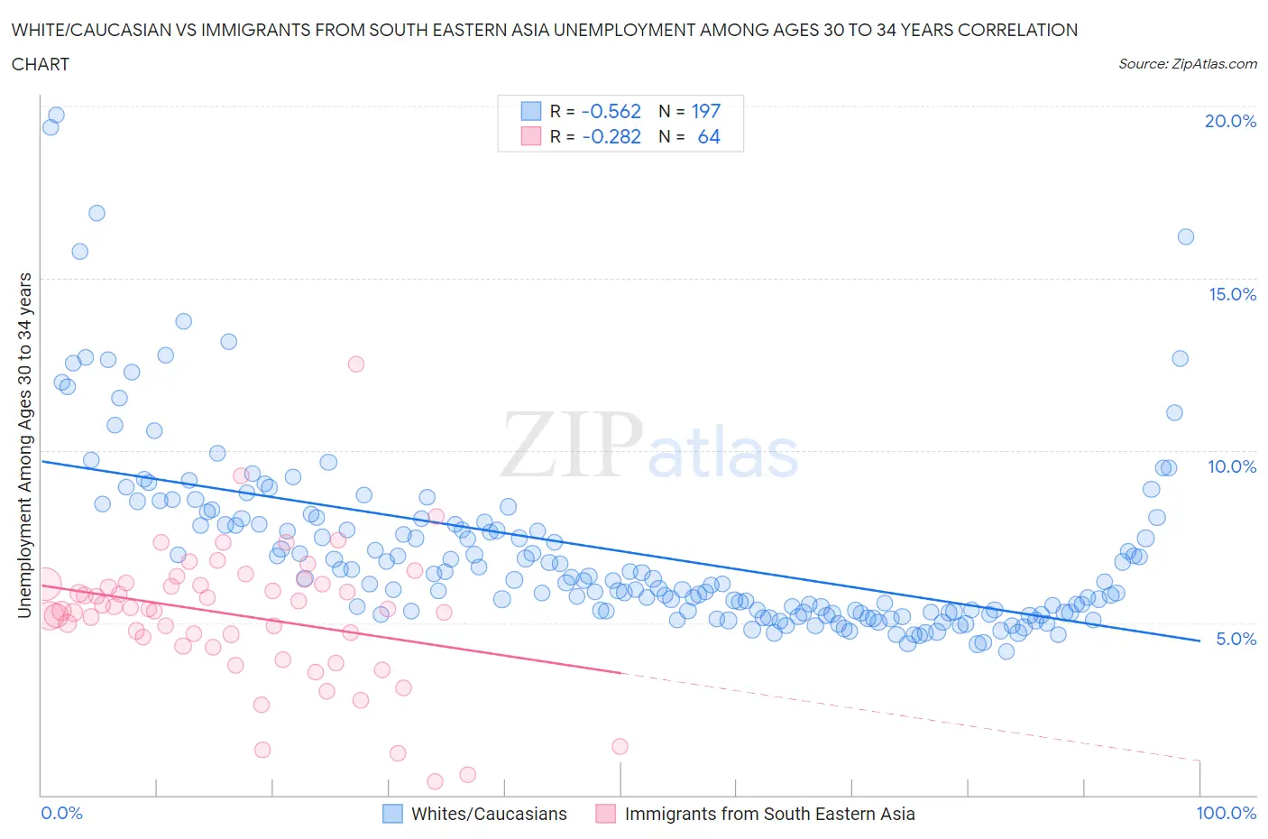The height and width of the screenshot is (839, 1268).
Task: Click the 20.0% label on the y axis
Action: click(x=1230, y=121)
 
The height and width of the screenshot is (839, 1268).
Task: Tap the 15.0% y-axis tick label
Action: click(x=1232, y=294)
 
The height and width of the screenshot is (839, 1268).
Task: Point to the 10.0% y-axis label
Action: click(x=1232, y=466)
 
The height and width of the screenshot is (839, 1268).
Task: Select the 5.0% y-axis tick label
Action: click(x=1236, y=639)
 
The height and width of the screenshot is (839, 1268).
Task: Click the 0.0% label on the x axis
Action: click(x=61, y=813)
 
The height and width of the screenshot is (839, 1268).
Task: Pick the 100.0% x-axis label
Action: click(x=1226, y=813)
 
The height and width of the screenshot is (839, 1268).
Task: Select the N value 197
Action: click(x=705, y=111)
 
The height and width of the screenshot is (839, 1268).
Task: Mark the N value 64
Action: click(x=709, y=136)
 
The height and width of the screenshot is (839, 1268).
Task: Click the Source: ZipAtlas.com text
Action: click(x=1187, y=63)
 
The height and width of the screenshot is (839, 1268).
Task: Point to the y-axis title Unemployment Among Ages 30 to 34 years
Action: click(x=24, y=445)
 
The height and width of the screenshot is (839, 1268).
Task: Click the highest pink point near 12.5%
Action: click(x=356, y=364)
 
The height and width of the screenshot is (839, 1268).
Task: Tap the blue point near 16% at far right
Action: click(x=1186, y=237)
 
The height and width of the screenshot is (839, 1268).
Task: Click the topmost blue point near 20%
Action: click(x=56, y=115)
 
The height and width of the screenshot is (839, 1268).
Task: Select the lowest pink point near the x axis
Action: click(x=435, y=781)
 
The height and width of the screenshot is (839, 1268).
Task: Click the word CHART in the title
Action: click(x=41, y=64)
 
